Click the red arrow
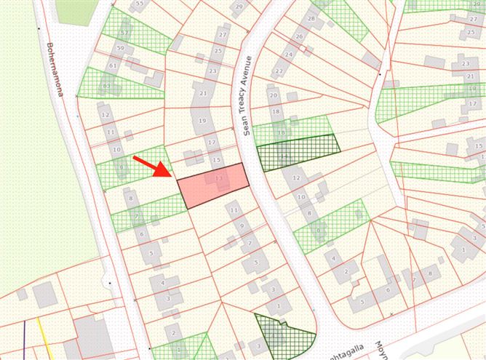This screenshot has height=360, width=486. pyautogui.click(x=153, y=167)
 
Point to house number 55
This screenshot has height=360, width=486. pyautogui.click(x=140, y=4)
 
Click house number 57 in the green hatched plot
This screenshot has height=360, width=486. pyautogui.click(x=124, y=33)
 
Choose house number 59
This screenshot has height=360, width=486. pyautogui.click(x=120, y=49)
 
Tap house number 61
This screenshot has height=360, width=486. pyautogui.click(x=113, y=65)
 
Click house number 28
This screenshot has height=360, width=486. pyautogui.click(x=311, y=18)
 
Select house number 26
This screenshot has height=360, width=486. pyautogui.click(x=299, y=36)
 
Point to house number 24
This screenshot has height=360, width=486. pyautogui.click(x=289, y=54)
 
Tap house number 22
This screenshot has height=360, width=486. pyautogui.click(x=279, y=71)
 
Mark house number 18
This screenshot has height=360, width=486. pyautogui.click(x=276, y=111)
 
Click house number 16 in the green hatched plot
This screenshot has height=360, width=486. pyautogui.click(x=280, y=132)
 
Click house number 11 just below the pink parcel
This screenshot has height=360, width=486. pyautogui.click(x=234, y=210)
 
